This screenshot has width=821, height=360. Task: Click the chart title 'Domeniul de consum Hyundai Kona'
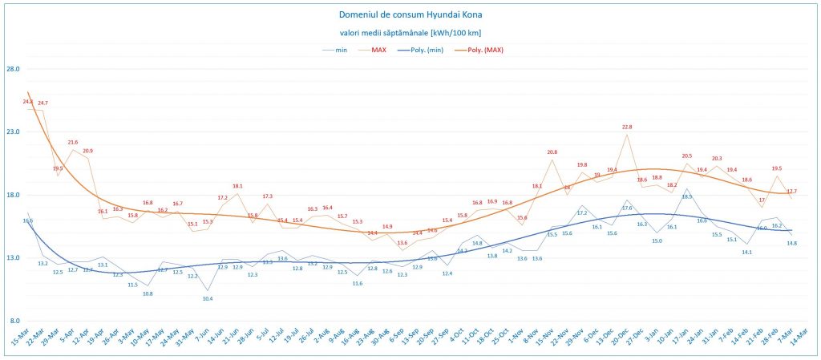click(x=410, y=14)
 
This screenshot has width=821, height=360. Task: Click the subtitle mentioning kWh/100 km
click(x=410, y=32)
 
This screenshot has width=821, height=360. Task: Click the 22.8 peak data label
click(x=627, y=127)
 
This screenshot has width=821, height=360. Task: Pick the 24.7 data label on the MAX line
click(x=42, y=103)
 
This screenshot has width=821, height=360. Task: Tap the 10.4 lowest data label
click(x=208, y=298)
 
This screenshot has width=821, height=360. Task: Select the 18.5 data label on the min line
click(x=687, y=196)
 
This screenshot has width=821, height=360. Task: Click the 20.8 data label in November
click(x=552, y=152)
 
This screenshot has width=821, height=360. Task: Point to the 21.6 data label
click(x=73, y=142)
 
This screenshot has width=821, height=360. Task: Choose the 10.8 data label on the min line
click(x=148, y=293)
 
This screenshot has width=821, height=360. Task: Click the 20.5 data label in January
click(x=687, y=156)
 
